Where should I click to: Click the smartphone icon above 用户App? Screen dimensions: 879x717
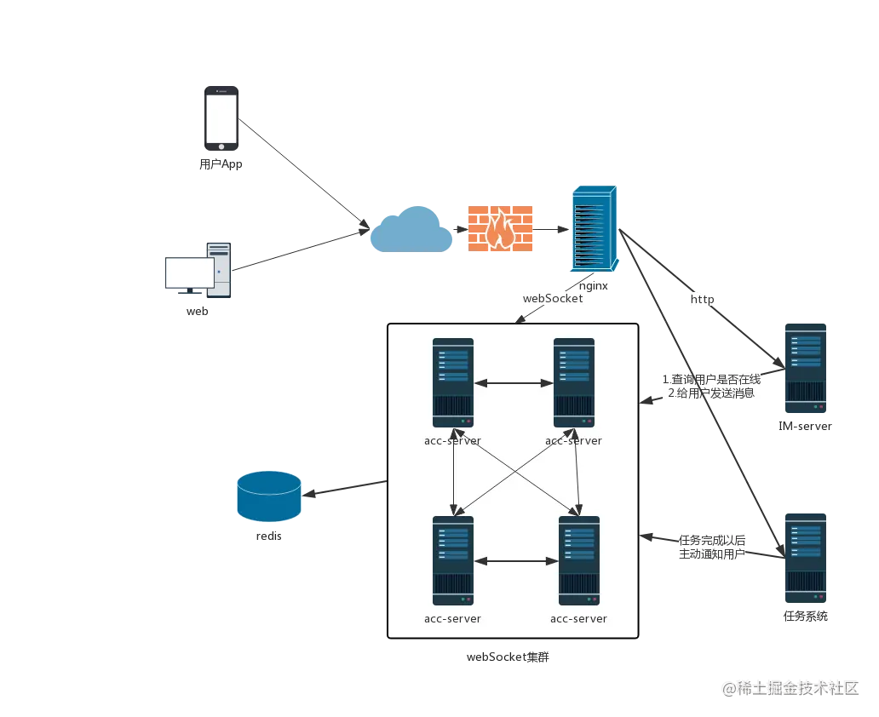click(221, 118)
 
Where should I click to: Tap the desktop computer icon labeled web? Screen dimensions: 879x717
click(198, 270)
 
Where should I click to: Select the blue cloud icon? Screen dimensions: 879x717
click(411, 229)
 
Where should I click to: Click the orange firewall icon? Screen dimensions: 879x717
click(500, 228)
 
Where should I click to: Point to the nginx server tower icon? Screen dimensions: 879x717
click(595, 228)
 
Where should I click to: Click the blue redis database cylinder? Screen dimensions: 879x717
click(269, 496)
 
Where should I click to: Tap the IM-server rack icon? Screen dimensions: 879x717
click(806, 369)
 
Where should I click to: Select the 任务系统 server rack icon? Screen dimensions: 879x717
click(806, 559)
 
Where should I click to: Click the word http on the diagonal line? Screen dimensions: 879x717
click(702, 300)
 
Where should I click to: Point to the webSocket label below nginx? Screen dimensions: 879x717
click(553, 299)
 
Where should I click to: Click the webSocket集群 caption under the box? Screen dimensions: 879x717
click(508, 657)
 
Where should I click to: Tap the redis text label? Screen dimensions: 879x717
click(269, 536)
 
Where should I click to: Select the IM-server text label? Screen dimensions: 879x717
click(805, 426)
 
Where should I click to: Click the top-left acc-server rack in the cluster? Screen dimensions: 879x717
click(453, 383)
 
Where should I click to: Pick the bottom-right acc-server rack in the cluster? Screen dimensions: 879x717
click(579, 560)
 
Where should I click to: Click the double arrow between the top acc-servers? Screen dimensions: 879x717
click(514, 383)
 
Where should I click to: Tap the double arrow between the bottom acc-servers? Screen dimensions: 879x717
click(516, 561)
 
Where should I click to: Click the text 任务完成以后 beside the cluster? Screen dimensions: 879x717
click(712, 541)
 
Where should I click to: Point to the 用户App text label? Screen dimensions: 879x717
click(221, 164)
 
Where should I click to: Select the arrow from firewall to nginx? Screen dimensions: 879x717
click(551, 229)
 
